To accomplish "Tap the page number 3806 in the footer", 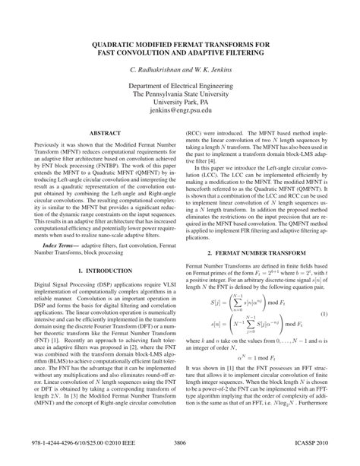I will tap(179, 441).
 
